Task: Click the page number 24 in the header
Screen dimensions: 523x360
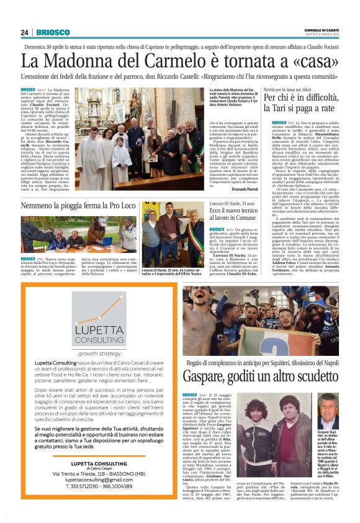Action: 25,32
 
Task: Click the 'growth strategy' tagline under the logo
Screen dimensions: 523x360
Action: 99,352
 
